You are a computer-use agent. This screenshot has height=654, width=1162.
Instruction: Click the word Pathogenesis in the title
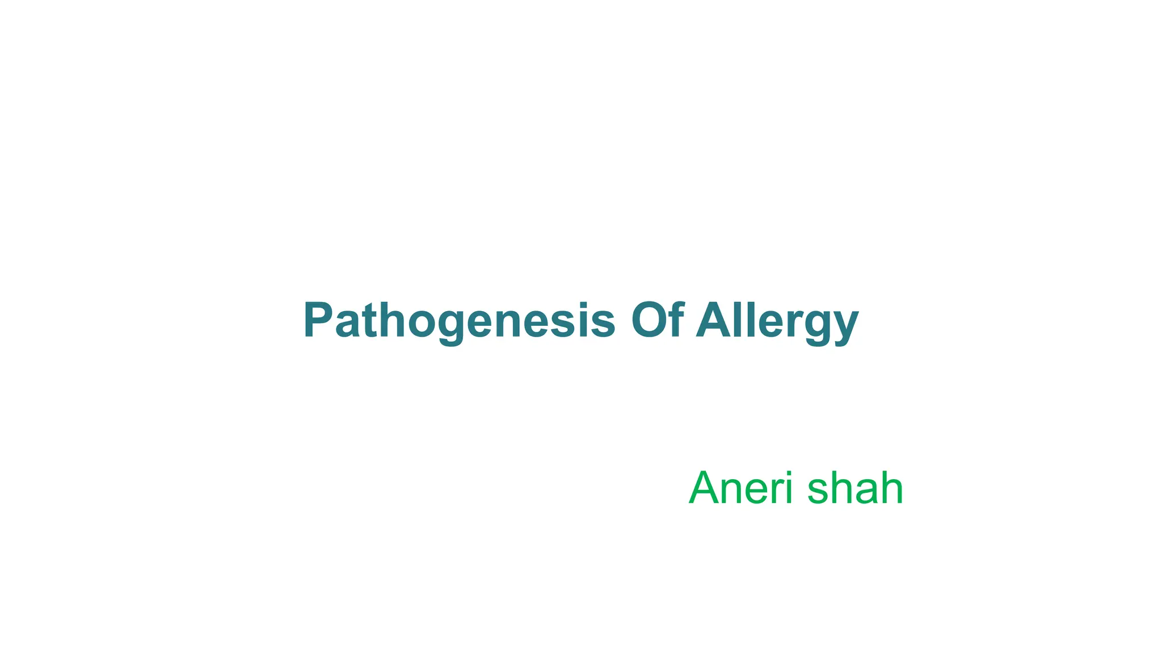[x=459, y=320]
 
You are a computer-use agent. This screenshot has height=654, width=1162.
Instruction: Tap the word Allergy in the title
[x=777, y=320]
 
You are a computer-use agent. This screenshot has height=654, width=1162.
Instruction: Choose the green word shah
[x=855, y=488]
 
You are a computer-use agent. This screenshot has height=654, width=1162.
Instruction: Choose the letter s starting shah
[x=818, y=492]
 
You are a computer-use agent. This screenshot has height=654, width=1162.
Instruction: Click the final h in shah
[x=892, y=488]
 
